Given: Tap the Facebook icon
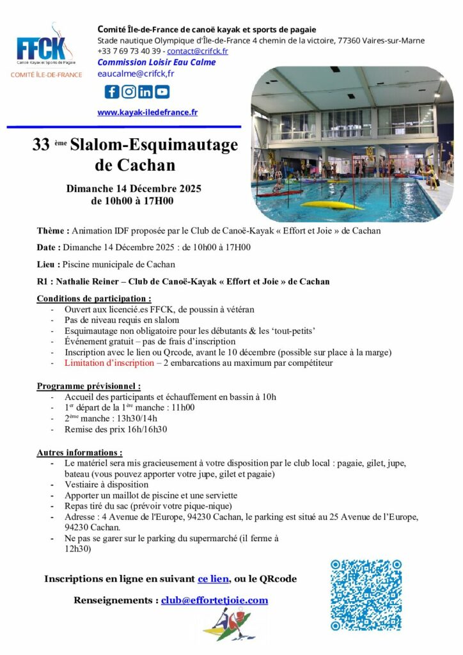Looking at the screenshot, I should click(112, 91).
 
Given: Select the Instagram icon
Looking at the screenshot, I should click(129, 91).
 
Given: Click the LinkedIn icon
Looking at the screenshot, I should click(145, 91).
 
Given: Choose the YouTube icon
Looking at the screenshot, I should click(162, 91).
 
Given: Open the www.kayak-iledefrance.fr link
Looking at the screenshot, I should click(147, 113).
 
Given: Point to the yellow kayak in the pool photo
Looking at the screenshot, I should click(331, 205).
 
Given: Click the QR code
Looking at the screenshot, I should click(366, 595).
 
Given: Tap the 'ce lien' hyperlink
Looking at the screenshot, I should click(213, 579).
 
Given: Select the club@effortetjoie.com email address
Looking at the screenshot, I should click(214, 601).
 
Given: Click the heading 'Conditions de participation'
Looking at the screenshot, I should click(94, 299).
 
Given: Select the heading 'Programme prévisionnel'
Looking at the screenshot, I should click(89, 386).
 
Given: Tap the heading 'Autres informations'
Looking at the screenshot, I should click(79, 452).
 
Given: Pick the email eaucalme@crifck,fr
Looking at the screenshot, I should click(136, 74).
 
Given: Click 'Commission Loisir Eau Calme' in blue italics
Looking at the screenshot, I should click(156, 62).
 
